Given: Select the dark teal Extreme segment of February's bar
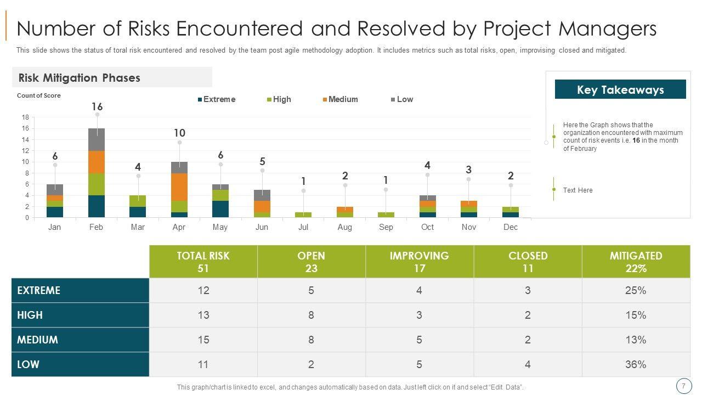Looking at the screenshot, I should click(x=96, y=206).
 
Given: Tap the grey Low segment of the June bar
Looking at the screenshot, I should click(x=262, y=195).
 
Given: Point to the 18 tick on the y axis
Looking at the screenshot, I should click(x=25, y=117).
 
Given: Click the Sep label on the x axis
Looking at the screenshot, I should click(x=386, y=227).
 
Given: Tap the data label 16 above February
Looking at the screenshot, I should click(x=97, y=106).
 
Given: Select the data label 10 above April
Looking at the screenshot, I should click(x=179, y=133).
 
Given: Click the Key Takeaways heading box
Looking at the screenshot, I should click(x=620, y=89).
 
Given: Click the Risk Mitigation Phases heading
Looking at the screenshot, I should click(x=80, y=78).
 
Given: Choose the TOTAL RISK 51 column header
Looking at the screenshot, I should click(x=203, y=262).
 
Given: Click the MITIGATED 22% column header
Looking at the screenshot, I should click(x=636, y=262).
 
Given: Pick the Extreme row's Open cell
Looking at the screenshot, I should click(x=311, y=290).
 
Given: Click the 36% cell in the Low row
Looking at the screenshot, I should click(x=636, y=364).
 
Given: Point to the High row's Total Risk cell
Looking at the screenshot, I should click(x=203, y=315).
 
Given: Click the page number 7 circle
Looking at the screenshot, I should click(x=683, y=386).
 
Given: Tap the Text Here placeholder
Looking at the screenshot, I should click(x=578, y=190).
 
